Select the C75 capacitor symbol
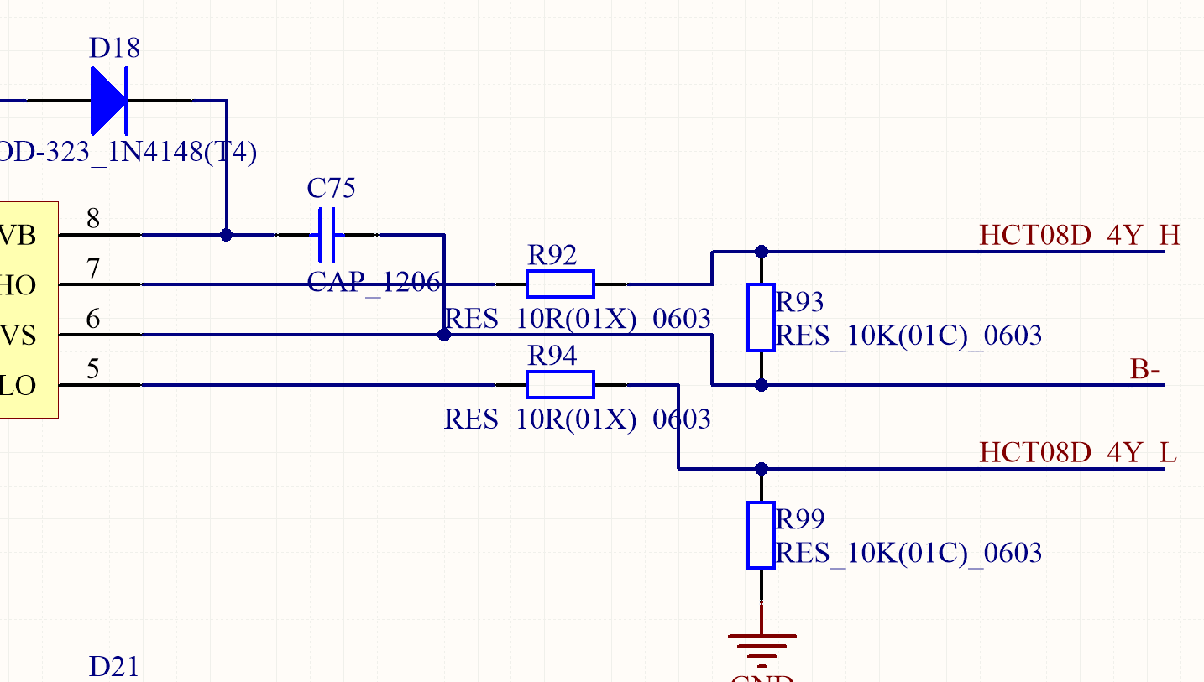click(x=327, y=235)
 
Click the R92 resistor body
click(x=560, y=284)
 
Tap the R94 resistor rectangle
click(x=560, y=384)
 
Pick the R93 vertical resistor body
click(x=761, y=317)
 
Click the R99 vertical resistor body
click(x=761, y=535)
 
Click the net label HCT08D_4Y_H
click(x=1080, y=236)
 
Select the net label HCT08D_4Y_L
click(x=1078, y=453)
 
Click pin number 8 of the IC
click(x=93, y=220)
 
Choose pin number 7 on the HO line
click(x=93, y=270)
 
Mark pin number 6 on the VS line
click(x=93, y=320)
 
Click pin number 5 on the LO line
click(x=93, y=370)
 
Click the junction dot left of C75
click(x=226, y=235)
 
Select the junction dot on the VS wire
click(x=444, y=335)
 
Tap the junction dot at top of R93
click(x=762, y=251)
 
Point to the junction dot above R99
click(x=762, y=469)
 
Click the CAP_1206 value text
click(x=374, y=283)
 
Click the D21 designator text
click(x=114, y=667)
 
